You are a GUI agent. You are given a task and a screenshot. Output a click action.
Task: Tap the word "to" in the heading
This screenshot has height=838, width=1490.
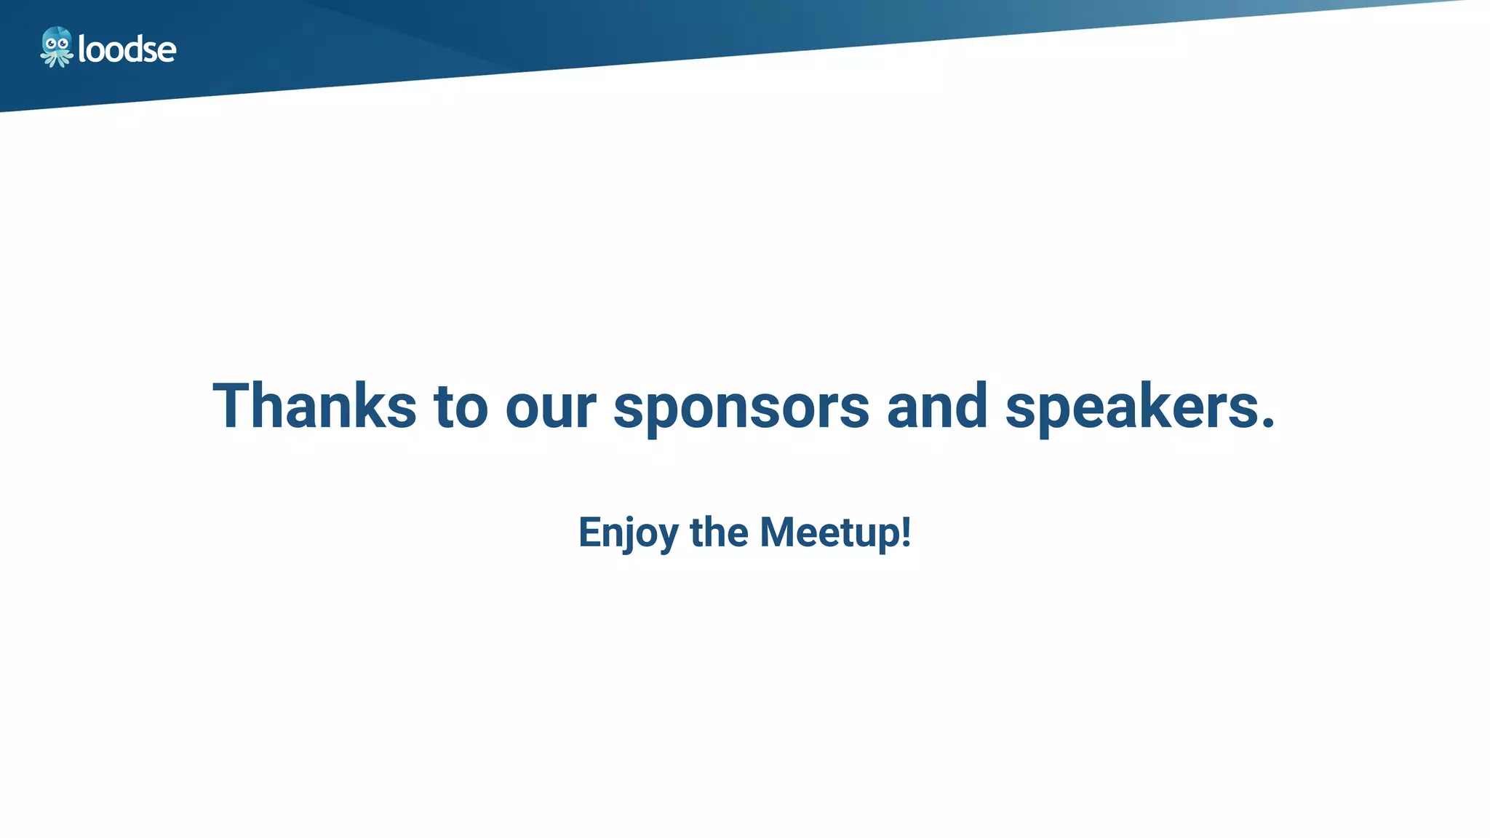pos(461,407)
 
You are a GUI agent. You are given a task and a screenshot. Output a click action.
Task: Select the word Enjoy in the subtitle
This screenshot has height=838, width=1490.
pos(628,532)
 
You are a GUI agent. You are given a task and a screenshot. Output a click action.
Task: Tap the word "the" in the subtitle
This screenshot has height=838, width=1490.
pos(719,532)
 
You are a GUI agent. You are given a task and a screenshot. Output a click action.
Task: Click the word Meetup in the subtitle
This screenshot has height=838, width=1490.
pos(829,532)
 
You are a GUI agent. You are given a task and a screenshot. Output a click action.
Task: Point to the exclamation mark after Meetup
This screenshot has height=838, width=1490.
pos(906,532)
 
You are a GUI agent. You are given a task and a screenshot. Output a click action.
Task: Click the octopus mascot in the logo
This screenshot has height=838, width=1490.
pos(57,47)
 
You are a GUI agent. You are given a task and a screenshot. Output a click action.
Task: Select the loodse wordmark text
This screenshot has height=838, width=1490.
pos(127,49)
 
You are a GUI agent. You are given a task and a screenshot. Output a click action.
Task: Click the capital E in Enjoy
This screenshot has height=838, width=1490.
pos(590,532)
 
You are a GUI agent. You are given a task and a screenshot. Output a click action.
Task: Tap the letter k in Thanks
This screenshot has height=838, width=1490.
pos(368,405)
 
